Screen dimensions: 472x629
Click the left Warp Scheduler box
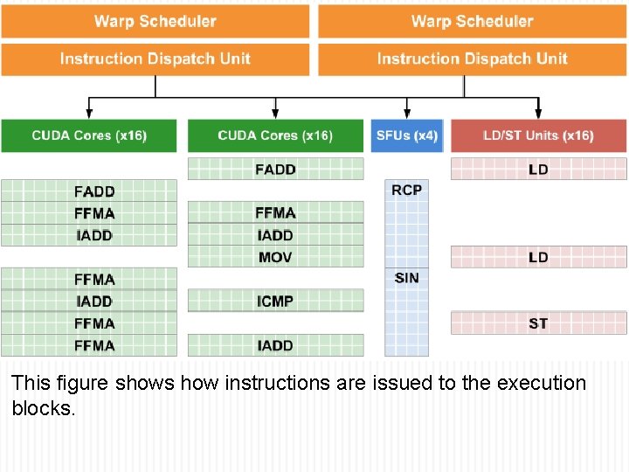(155, 21)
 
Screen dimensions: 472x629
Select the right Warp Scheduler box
(472, 21)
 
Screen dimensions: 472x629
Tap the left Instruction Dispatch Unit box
(155, 59)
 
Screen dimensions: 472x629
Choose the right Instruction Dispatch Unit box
(472, 59)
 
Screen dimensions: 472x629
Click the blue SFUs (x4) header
(407, 135)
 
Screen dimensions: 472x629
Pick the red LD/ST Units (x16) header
(538, 135)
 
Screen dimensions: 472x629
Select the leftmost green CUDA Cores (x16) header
(89, 135)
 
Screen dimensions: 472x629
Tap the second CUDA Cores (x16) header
(275, 135)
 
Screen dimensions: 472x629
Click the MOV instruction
(275, 257)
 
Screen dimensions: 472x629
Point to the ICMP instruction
(275, 301)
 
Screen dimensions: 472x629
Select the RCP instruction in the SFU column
(407, 190)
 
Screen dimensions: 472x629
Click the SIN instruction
(407, 278)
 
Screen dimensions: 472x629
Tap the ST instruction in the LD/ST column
(538, 323)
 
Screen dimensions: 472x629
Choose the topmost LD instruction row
(538, 169)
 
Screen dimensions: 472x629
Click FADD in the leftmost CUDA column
(94, 191)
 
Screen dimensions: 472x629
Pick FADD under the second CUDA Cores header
(275, 169)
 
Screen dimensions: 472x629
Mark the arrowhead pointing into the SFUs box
(407, 115)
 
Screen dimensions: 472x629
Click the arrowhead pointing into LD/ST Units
(538, 115)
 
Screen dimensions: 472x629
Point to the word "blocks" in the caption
(43, 408)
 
